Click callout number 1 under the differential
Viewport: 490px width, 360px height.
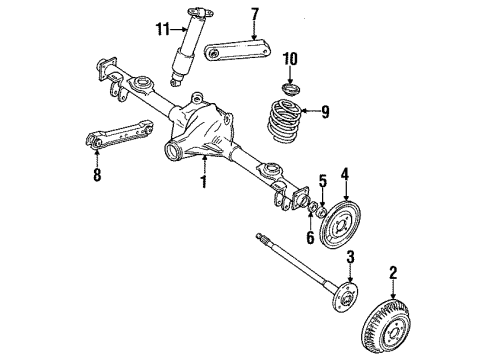coord(203,183)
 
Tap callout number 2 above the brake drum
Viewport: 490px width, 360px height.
coord(393,271)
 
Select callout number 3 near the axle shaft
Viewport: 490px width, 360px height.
coord(350,261)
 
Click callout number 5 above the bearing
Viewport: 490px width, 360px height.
coord(321,181)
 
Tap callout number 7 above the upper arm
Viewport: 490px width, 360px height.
coord(254,14)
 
